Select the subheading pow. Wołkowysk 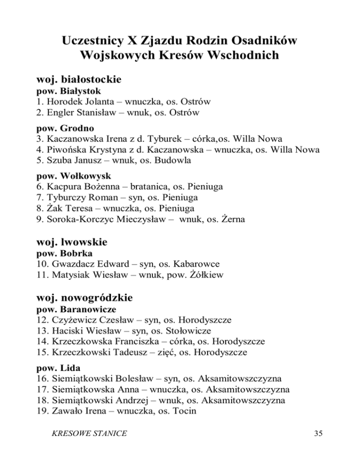click(x=67, y=176)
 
